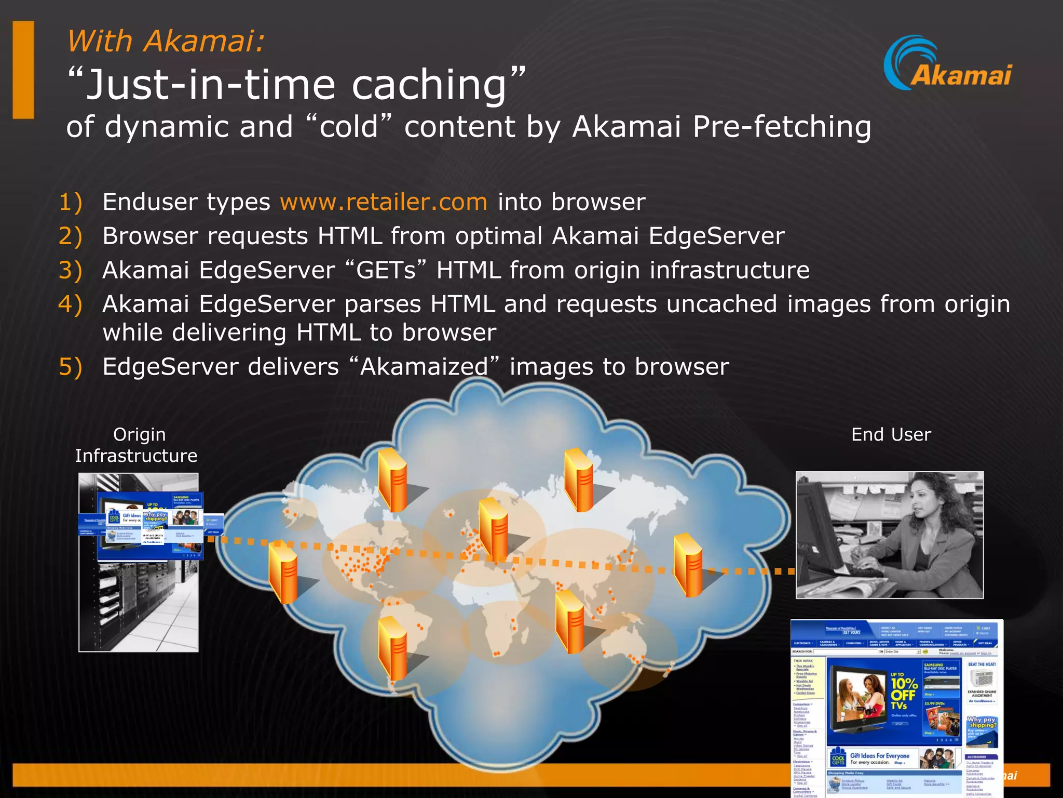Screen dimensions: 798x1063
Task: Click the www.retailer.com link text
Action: pyautogui.click(x=384, y=202)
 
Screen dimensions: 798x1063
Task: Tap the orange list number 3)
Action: pyautogui.click(x=70, y=271)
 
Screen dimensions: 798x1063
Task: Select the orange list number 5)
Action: pyautogui.click(x=70, y=367)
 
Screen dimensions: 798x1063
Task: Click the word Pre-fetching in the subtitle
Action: pyautogui.click(x=781, y=127)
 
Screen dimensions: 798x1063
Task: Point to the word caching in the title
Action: pyautogui.click(x=429, y=85)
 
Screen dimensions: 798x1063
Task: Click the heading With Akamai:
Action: pyautogui.click(x=166, y=41)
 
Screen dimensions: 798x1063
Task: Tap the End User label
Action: pyautogui.click(x=891, y=434)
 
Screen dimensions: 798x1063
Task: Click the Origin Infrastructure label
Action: pyautogui.click(x=137, y=445)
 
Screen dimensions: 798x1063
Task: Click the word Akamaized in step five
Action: pyautogui.click(x=424, y=367)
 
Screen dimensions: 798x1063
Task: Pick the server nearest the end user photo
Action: pyautogui.click(x=688, y=565)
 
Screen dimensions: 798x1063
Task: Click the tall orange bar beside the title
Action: pyautogui.click(x=23, y=70)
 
